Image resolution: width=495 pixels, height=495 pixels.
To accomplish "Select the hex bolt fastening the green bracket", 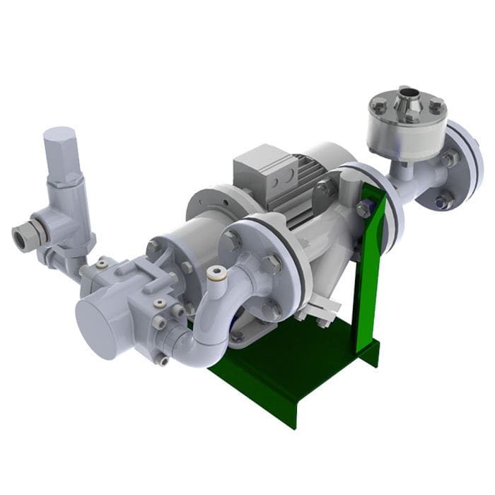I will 363,209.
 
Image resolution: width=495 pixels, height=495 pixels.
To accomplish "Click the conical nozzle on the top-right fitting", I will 408,98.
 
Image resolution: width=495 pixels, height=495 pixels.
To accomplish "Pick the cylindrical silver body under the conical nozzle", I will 407,134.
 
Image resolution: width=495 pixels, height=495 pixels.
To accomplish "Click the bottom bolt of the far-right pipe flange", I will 444,202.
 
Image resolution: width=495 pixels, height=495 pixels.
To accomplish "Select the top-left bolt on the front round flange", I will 232,240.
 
